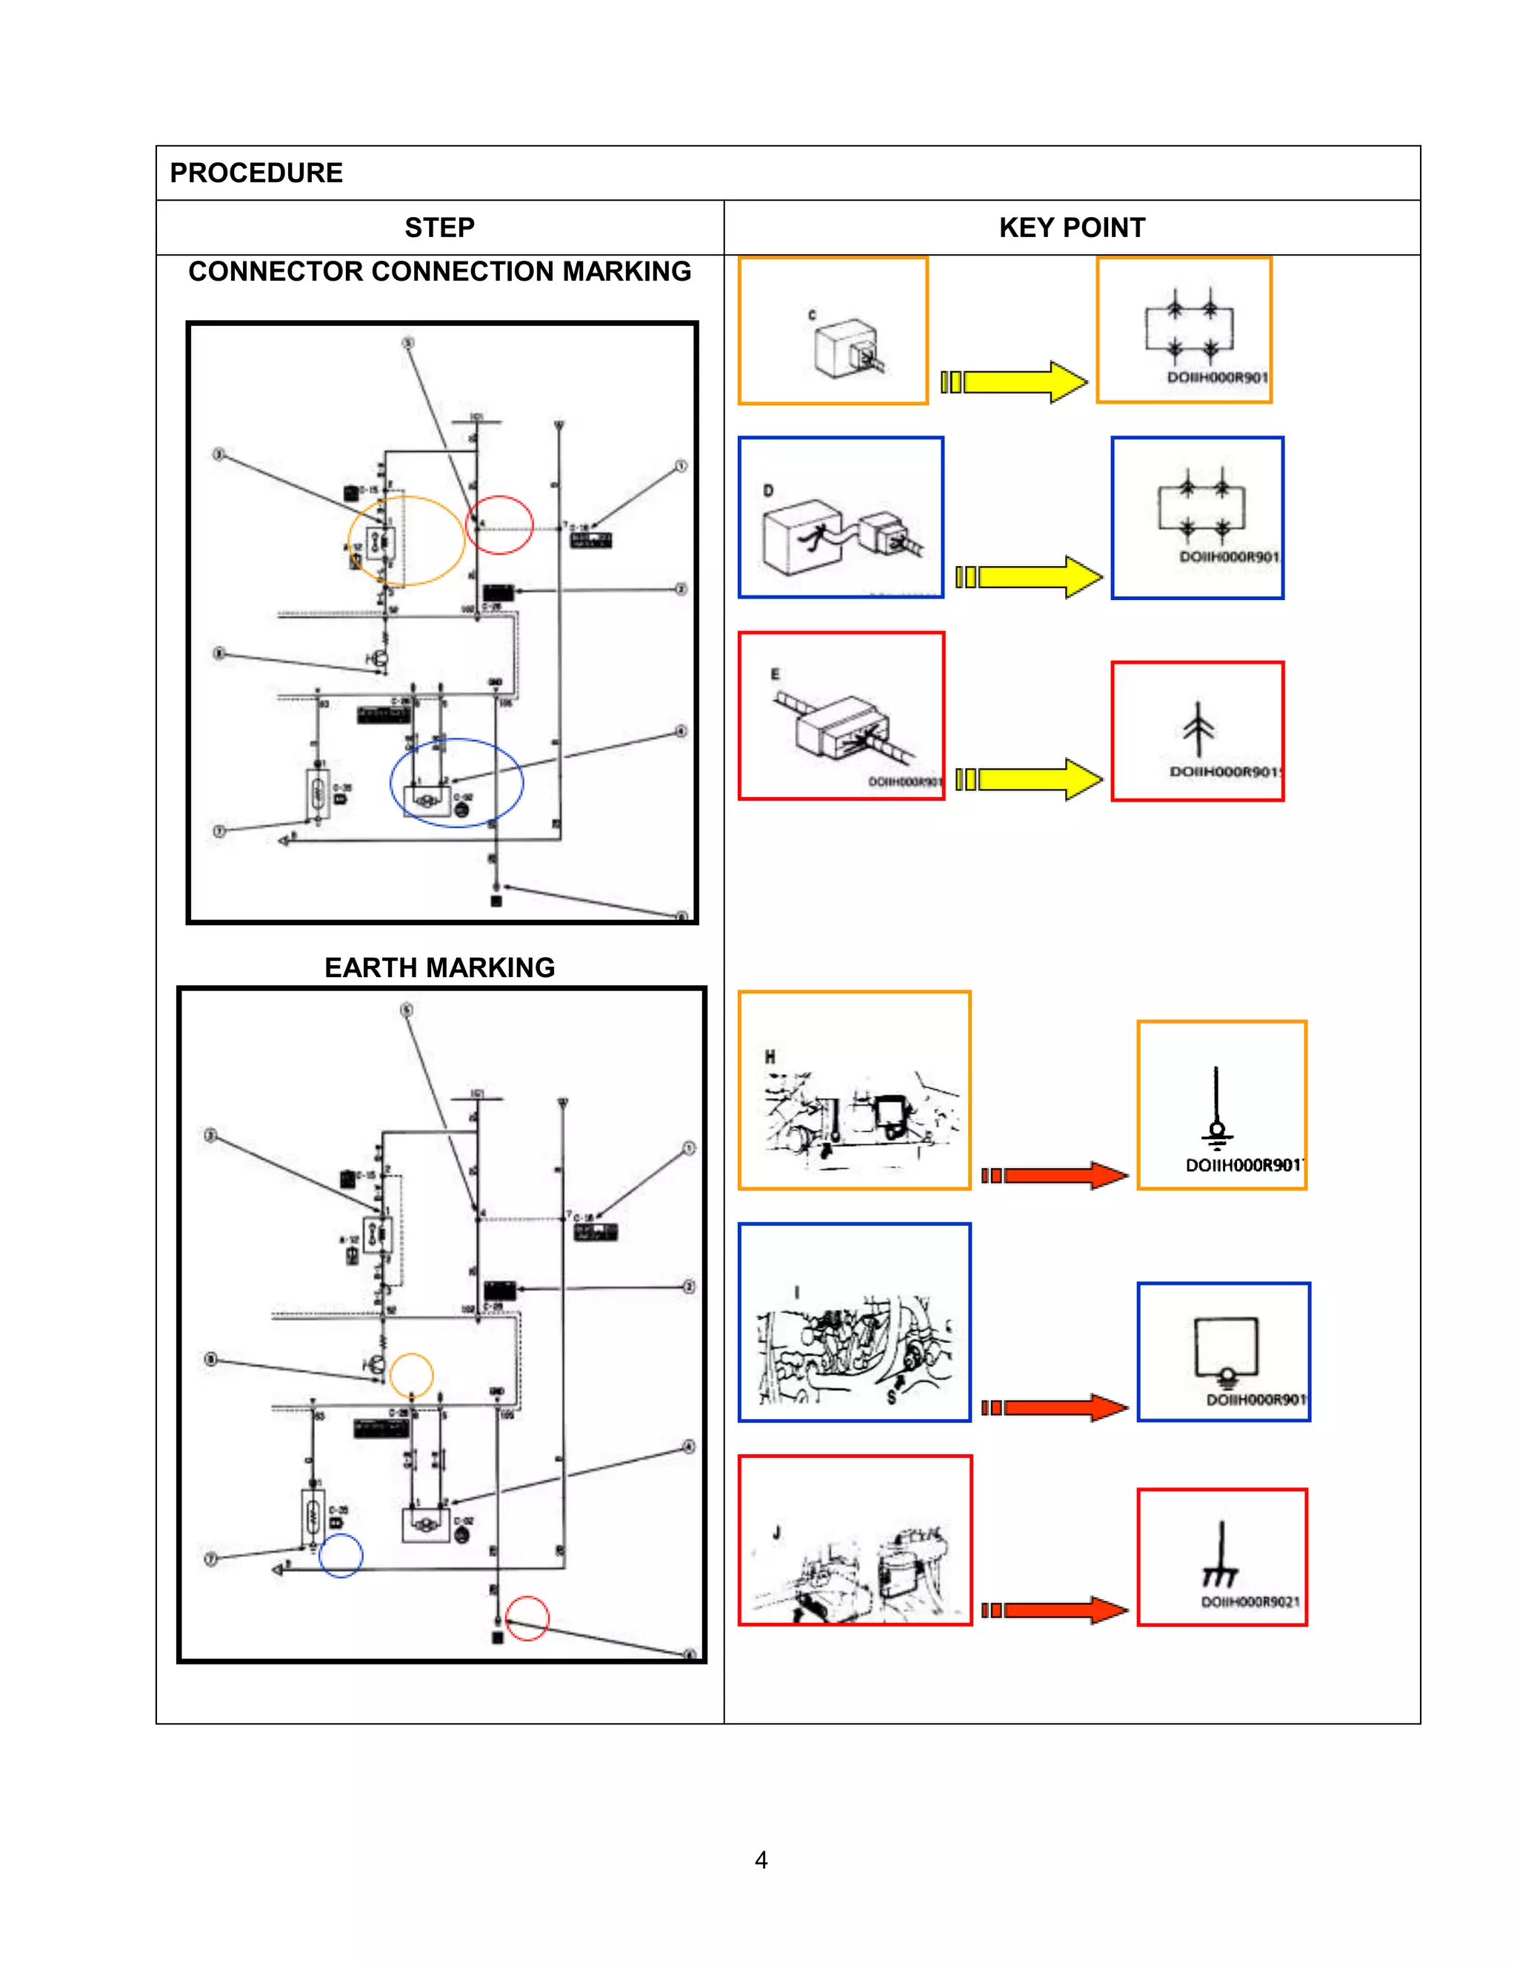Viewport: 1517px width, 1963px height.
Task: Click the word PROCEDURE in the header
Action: tap(256, 173)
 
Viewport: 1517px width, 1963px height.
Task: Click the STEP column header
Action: tap(439, 227)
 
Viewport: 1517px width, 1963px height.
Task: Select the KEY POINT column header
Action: tap(1071, 227)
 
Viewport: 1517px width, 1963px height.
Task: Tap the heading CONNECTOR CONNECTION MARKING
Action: tap(439, 271)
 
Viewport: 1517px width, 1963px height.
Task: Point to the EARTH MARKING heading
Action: tap(439, 967)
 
